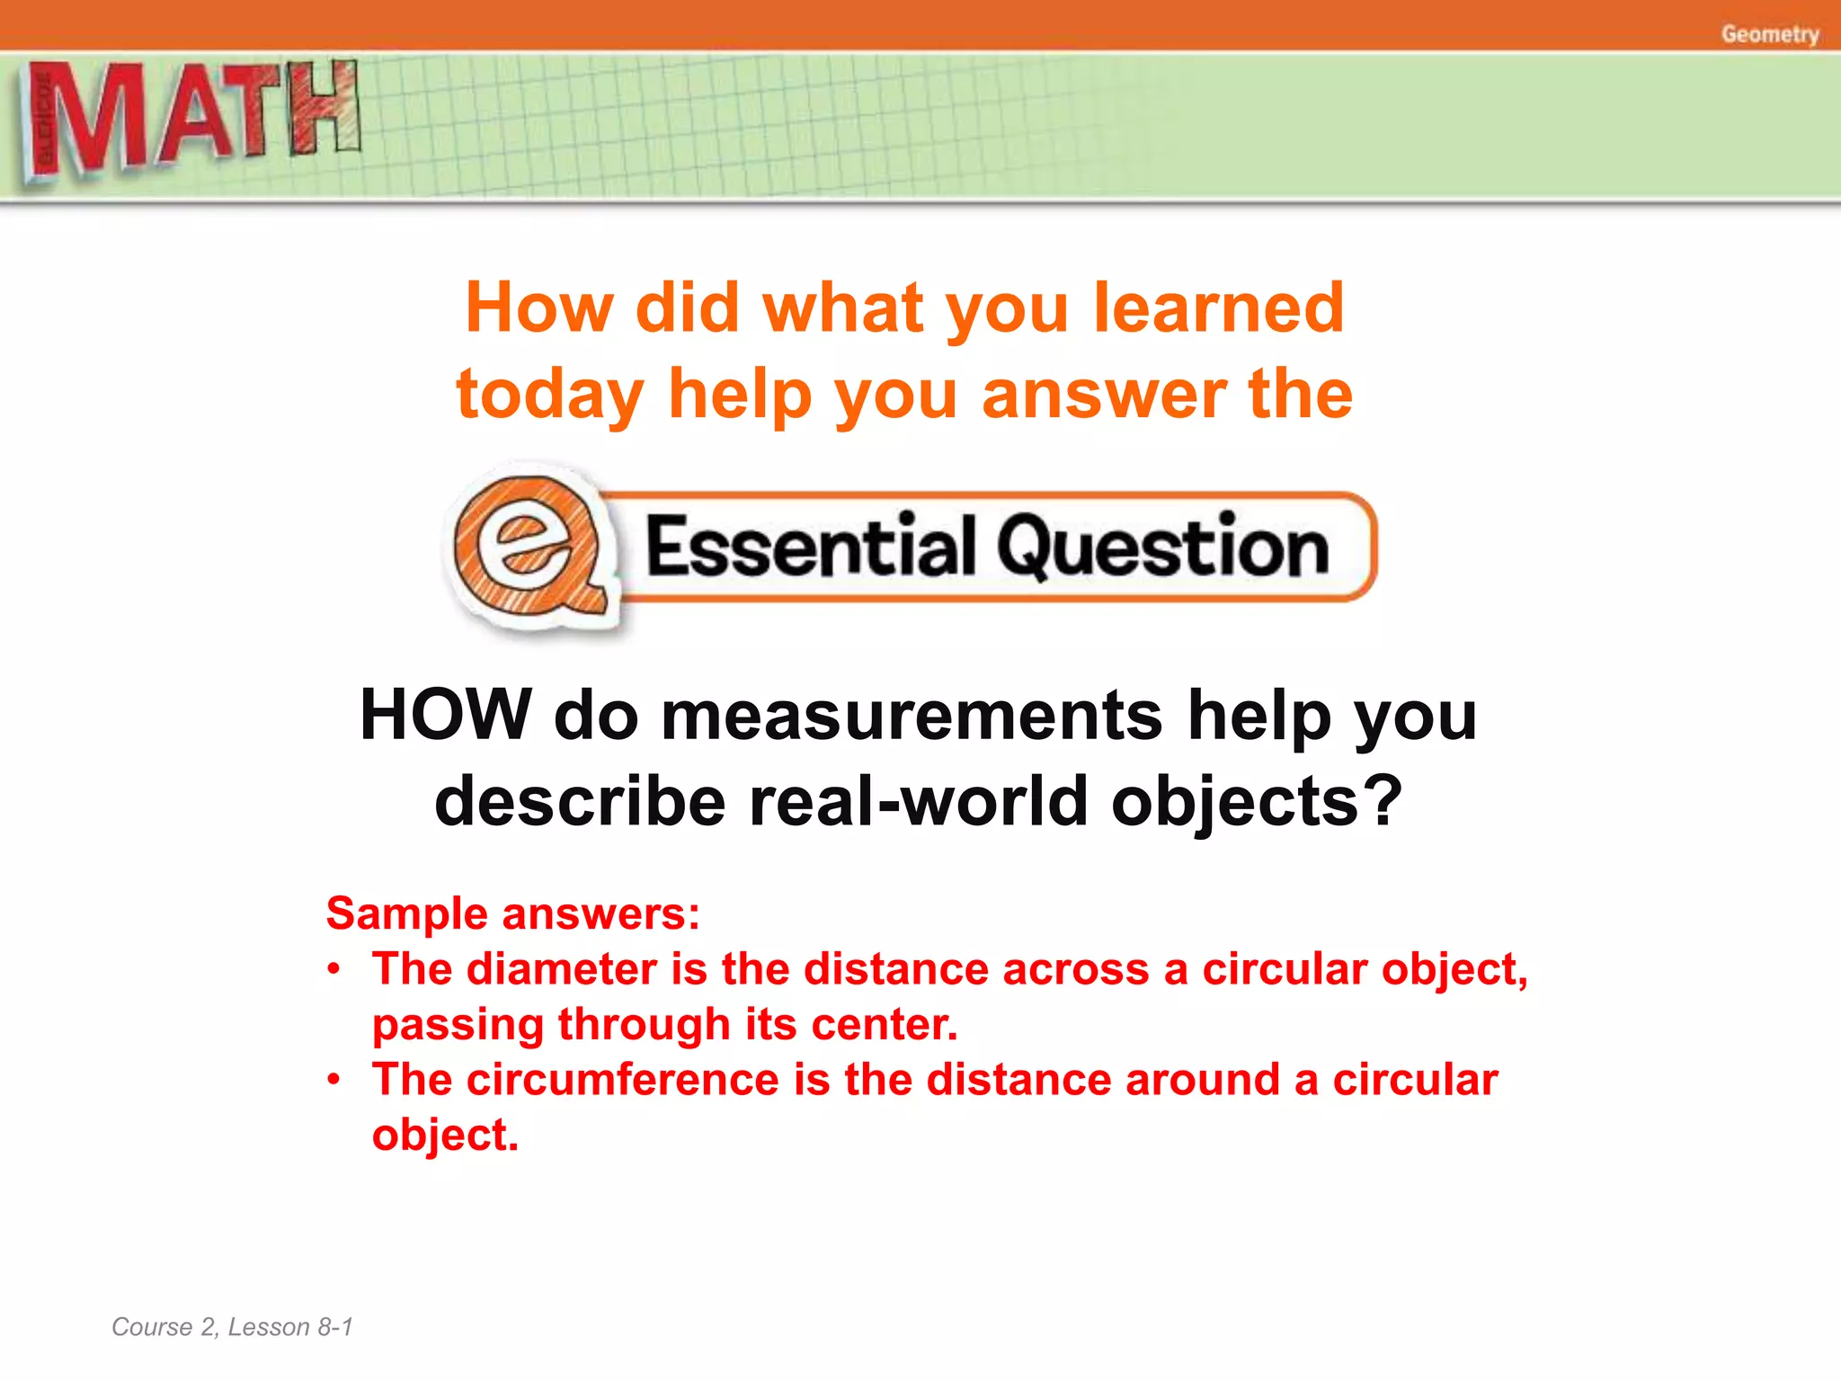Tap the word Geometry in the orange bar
click(x=1769, y=34)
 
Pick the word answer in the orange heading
click(x=1104, y=396)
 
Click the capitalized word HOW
click(x=445, y=715)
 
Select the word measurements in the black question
click(x=912, y=717)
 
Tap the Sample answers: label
click(x=512, y=913)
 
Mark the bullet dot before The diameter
click(x=334, y=969)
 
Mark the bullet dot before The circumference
click(x=334, y=1079)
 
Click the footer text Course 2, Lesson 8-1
click(x=232, y=1327)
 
